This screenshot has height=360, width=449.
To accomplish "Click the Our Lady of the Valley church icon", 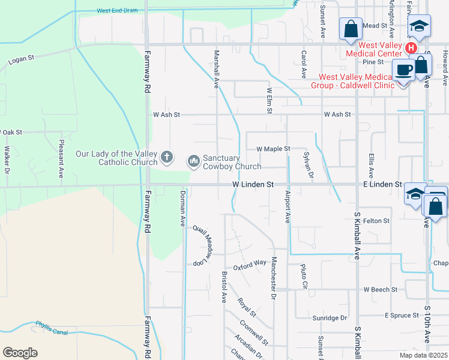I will tap(167, 158).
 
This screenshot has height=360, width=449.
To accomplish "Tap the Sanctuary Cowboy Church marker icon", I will tap(193, 161).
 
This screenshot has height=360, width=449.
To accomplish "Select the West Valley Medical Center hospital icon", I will tap(411, 47).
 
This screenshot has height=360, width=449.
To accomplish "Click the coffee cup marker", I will tap(403, 70).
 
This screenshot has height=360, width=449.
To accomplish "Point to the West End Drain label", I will tap(116, 11).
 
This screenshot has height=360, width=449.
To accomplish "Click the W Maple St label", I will tap(273, 148).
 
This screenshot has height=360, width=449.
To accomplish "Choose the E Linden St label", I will tap(382, 184).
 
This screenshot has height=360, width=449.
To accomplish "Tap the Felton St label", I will tap(376, 221).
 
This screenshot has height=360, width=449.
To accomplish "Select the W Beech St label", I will tap(381, 289).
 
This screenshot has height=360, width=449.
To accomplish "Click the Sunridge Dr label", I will tap(330, 317).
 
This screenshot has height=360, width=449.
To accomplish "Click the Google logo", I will tap(20, 353).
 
